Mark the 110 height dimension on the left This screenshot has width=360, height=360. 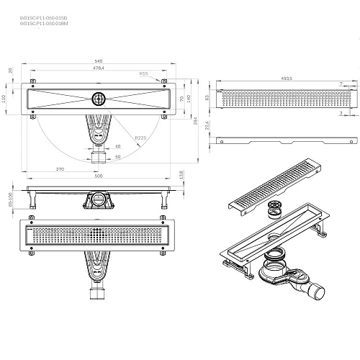6,99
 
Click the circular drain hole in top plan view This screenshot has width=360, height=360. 98,99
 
